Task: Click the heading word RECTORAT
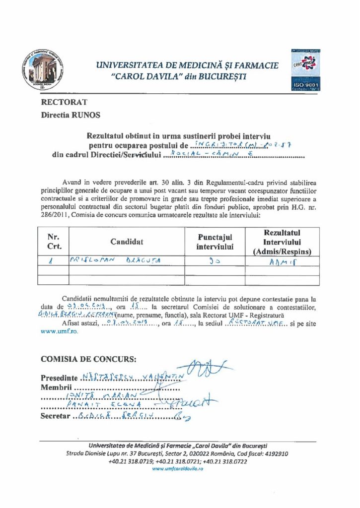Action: point(64,102)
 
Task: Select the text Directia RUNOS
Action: point(71,115)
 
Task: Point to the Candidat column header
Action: point(127,242)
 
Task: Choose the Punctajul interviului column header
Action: point(215,242)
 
